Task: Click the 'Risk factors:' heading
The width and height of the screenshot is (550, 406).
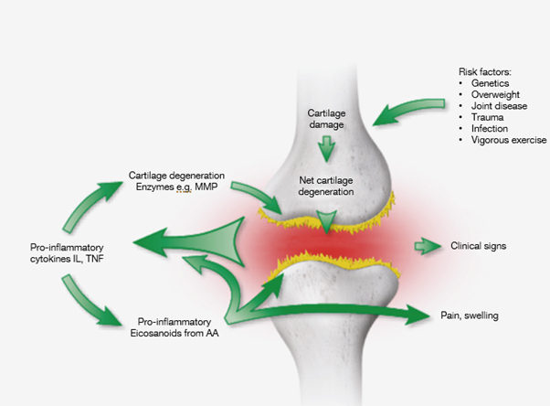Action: coord(485,71)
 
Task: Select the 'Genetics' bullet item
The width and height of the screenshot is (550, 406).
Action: coord(486,83)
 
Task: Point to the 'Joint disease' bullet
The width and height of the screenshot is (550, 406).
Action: coord(494,106)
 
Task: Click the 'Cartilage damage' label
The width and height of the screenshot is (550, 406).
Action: coord(320,118)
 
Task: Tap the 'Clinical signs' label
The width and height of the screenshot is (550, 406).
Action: coord(479,246)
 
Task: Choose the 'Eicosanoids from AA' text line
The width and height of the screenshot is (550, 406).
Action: coord(179,334)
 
